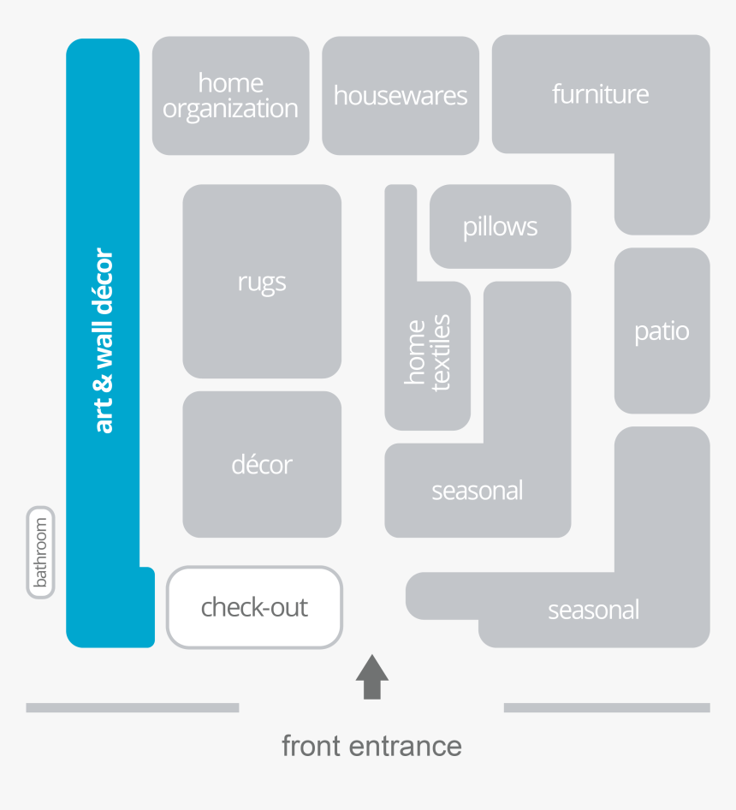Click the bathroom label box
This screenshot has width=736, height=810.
41,552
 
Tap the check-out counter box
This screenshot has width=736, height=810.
255,607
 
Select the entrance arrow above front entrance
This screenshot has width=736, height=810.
372,676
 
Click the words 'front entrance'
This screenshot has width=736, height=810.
371,746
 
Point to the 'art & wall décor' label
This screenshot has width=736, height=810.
104,341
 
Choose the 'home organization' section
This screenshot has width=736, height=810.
231,96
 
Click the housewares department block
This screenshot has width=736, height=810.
401,96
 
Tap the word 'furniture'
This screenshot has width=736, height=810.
600,93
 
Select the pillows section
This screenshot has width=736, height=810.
500,226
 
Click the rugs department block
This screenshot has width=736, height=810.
262,282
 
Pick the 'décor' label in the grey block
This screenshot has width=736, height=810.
262,464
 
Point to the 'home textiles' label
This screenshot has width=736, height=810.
427,352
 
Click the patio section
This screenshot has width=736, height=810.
662,331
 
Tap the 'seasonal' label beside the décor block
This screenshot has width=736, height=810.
478,491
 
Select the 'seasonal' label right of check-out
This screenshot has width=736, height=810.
593,610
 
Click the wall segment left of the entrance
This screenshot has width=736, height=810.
132,708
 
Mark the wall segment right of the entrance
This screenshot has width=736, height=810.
607,708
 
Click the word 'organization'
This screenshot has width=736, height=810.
230,110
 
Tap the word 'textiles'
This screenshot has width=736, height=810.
441,352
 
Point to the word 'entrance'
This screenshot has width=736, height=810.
406,747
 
